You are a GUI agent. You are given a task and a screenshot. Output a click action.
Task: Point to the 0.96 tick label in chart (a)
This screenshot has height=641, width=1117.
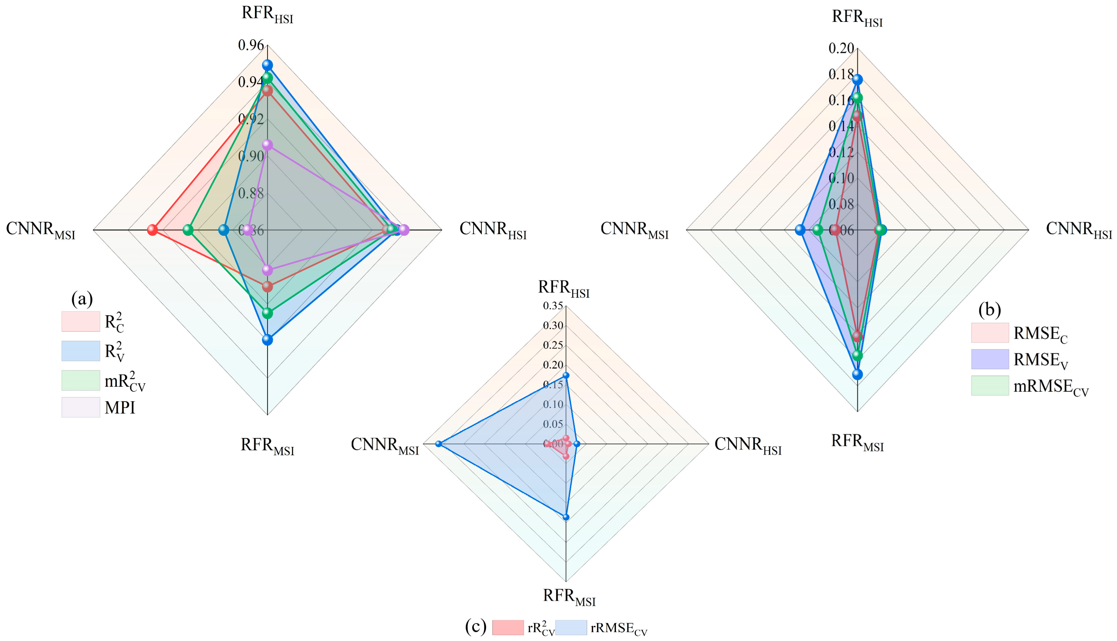point(251,45)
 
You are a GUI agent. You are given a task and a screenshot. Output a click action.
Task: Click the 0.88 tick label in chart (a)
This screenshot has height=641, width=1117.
point(251,193)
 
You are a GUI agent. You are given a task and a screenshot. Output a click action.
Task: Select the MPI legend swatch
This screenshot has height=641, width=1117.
point(81,407)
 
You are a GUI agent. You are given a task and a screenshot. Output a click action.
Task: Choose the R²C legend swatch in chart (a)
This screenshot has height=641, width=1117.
point(81,322)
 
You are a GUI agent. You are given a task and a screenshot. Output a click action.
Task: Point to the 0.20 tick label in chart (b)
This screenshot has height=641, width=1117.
point(841,48)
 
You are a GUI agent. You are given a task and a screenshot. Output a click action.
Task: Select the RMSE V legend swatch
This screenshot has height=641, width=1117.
point(990,359)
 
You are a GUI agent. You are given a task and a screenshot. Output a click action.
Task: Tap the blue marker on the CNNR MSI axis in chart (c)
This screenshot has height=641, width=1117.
point(438,444)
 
